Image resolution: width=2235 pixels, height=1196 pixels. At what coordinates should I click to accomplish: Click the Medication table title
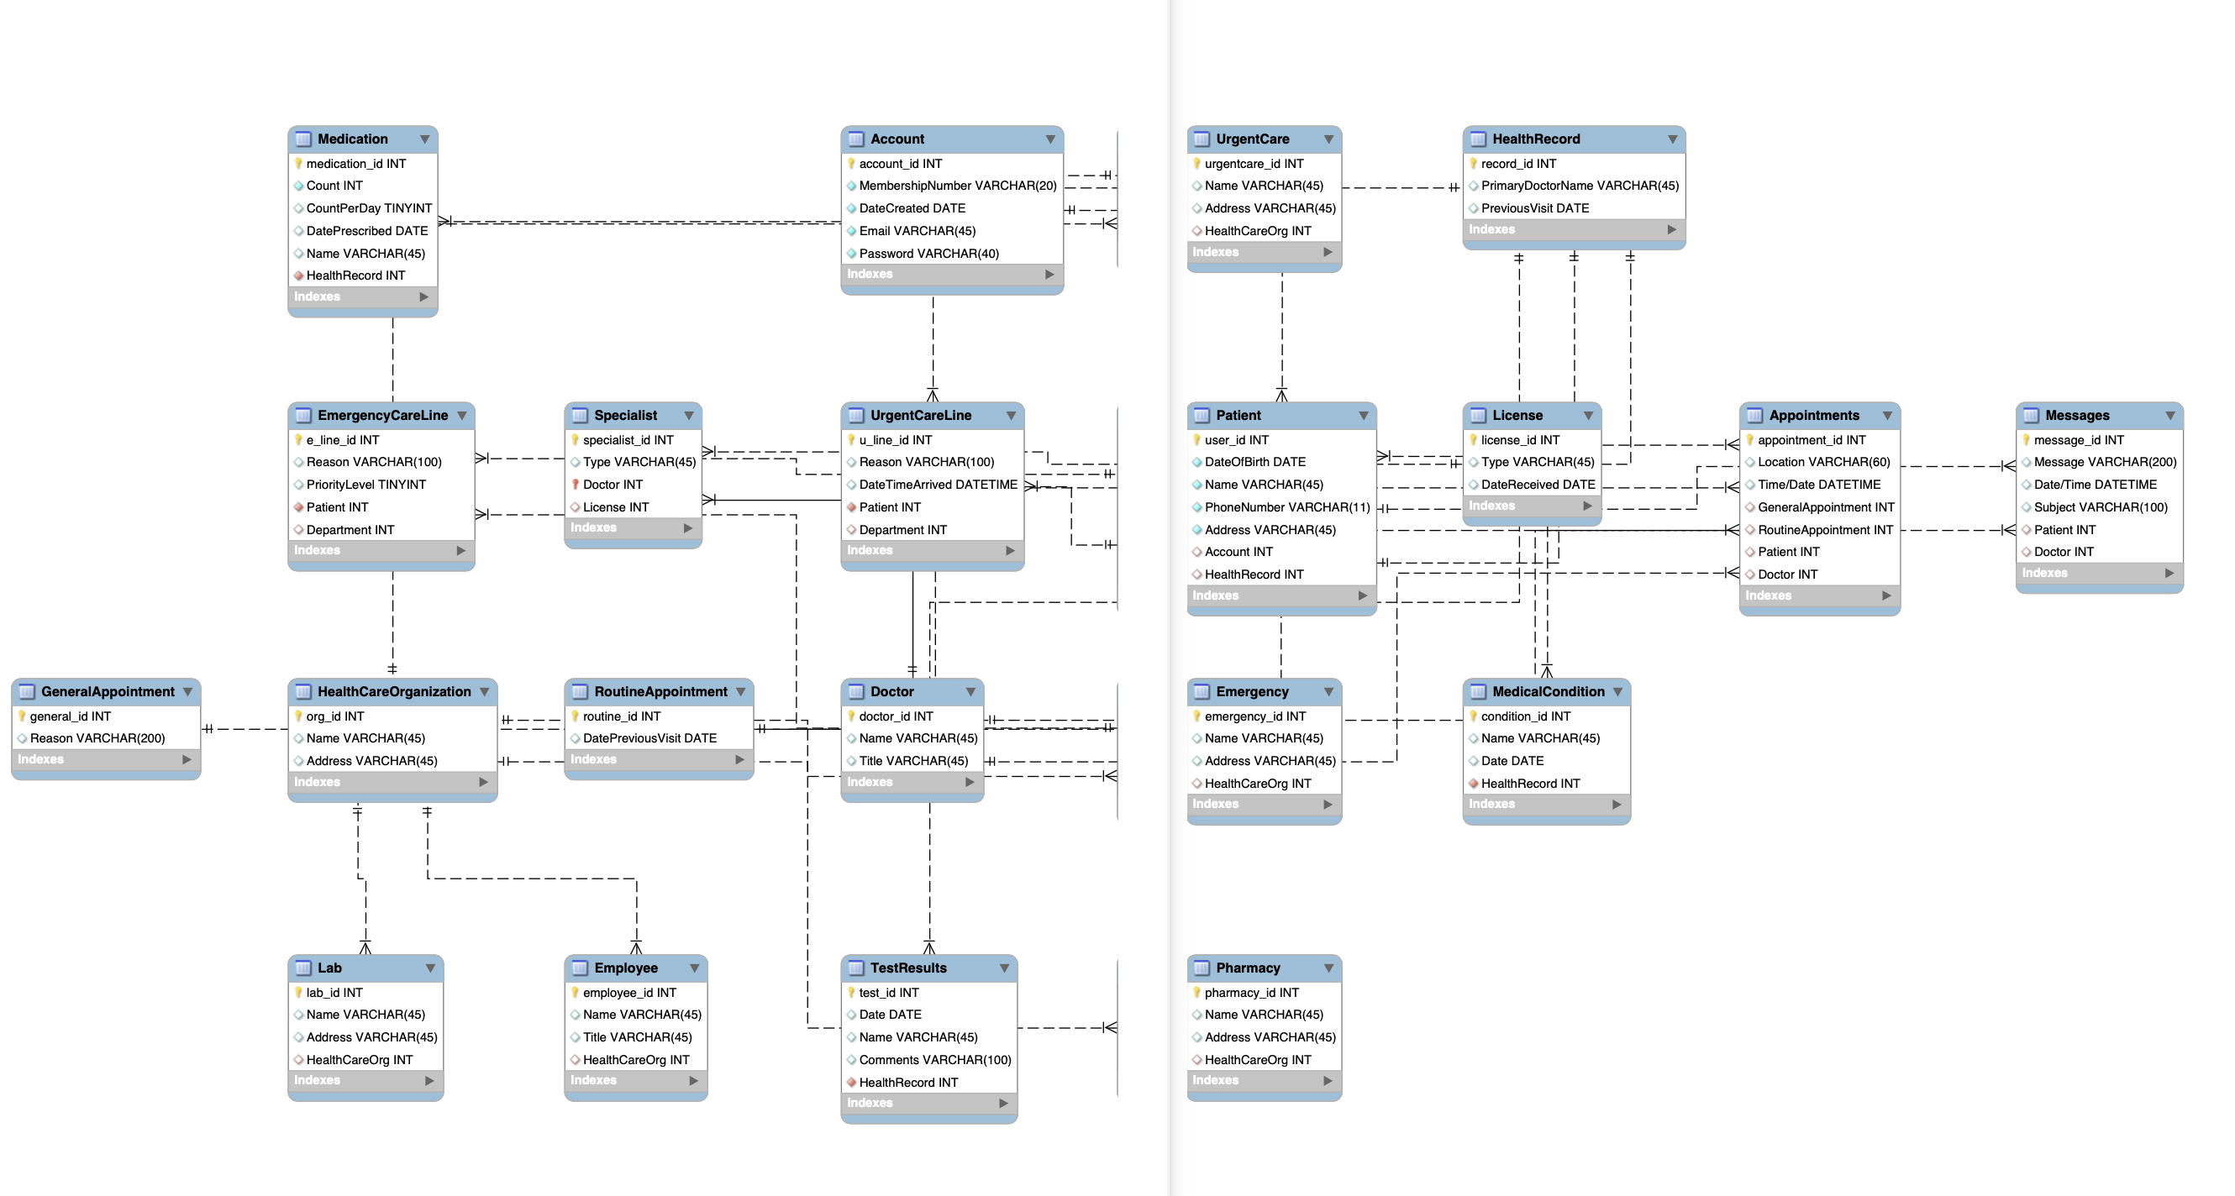click(x=352, y=139)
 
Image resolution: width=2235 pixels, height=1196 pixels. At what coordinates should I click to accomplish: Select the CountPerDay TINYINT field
click(x=368, y=208)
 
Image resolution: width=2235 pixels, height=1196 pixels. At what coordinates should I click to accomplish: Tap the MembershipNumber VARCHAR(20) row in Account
click(x=957, y=186)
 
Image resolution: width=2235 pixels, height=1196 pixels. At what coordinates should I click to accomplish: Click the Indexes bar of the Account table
click(x=951, y=274)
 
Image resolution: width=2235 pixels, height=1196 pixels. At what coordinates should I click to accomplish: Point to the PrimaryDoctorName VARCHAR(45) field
click(x=1579, y=186)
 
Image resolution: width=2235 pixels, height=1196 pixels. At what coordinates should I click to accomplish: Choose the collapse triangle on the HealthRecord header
click(x=1672, y=139)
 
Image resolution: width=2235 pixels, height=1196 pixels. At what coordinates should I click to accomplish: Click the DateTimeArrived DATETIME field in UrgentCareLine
click(x=937, y=485)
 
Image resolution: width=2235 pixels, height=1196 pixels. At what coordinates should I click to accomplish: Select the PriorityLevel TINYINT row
click(x=365, y=485)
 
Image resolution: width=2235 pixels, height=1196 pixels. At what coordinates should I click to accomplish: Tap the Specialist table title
click(x=624, y=416)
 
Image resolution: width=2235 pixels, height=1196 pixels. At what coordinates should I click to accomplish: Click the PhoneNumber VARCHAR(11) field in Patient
click(x=1286, y=507)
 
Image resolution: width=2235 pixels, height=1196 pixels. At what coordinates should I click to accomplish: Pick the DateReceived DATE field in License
click(x=1538, y=485)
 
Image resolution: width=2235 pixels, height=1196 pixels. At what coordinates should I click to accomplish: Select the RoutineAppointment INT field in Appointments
click(x=1825, y=530)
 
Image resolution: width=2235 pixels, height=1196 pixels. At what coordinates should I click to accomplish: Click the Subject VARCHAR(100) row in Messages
click(x=2100, y=507)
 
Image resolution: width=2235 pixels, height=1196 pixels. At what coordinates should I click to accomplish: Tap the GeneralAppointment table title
click(x=108, y=691)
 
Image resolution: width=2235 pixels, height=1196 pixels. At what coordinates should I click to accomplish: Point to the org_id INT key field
click(x=335, y=716)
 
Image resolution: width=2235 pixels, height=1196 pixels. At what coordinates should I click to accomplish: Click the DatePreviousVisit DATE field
click(x=649, y=738)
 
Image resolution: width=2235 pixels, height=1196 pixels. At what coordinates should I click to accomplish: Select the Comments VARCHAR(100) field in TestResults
click(x=934, y=1060)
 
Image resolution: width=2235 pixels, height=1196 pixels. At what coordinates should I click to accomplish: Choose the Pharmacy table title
click(x=1247, y=968)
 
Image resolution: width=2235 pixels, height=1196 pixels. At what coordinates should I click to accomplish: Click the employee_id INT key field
click(x=628, y=992)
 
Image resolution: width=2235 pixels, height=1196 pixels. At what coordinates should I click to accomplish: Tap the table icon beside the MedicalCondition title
click(x=1478, y=691)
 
